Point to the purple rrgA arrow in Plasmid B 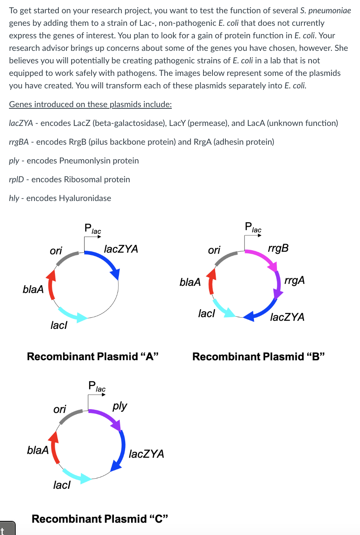pyautogui.click(x=278, y=285)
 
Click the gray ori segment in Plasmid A pyautogui.click(x=67, y=258)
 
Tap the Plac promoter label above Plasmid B pyautogui.click(x=253, y=227)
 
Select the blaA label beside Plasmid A pyautogui.click(x=33, y=289)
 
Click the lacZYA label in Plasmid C pyautogui.click(x=146, y=454)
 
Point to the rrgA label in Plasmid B pyautogui.click(x=294, y=280)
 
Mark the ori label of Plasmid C pyautogui.click(x=59, y=409)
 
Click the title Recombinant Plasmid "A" pyautogui.click(x=93, y=357)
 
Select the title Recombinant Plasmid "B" pyautogui.click(x=259, y=357)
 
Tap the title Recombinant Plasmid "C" pyautogui.click(x=100, y=519)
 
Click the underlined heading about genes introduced pyautogui.click(x=90, y=104)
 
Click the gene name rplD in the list pyautogui.click(x=16, y=180)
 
